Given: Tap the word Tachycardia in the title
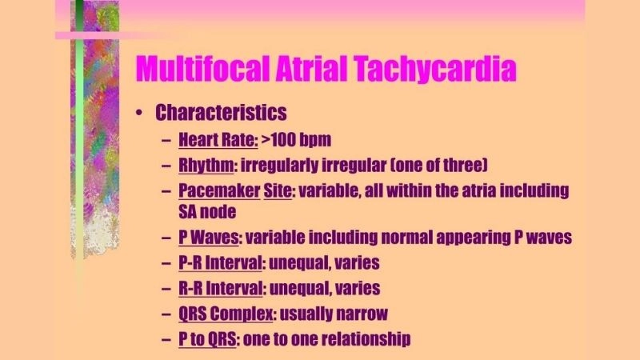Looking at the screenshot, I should (x=437, y=68).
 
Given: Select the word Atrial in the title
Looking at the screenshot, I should (x=308, y=68).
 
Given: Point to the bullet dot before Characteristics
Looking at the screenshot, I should (x=139, y=114).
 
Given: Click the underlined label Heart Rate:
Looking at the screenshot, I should (x=218, y=141).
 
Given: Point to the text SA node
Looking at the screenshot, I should (x=206, y=213).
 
